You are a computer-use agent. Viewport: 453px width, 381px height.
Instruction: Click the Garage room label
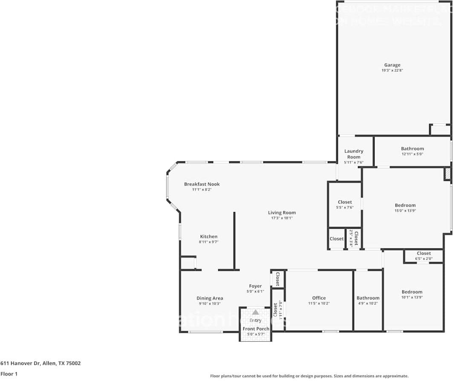[392, 65]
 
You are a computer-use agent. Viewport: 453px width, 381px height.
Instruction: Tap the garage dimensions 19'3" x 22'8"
[392, 70]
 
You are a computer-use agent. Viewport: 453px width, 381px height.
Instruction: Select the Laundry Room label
[354, 154]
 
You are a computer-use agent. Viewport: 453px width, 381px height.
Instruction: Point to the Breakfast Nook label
[202, 184]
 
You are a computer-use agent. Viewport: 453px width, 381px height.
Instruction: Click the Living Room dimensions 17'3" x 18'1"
[282, 218]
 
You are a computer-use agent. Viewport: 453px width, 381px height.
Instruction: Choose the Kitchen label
[209, 236]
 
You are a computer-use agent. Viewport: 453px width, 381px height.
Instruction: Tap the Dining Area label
[210, 298]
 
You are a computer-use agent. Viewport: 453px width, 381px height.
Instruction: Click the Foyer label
[255, 286]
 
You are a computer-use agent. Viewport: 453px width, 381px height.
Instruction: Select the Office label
[319, 298]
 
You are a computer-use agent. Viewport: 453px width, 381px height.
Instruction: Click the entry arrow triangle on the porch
[255, 312]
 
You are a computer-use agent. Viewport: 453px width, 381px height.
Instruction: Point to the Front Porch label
[256, 329]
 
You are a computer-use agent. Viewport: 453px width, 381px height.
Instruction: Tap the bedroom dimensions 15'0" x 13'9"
[405, 211]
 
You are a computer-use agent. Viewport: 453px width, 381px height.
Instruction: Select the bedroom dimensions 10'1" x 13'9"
[412, 297]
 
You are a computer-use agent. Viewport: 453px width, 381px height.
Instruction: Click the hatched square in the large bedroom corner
[447, 174]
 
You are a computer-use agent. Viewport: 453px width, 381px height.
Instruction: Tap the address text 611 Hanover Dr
[40, 364]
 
